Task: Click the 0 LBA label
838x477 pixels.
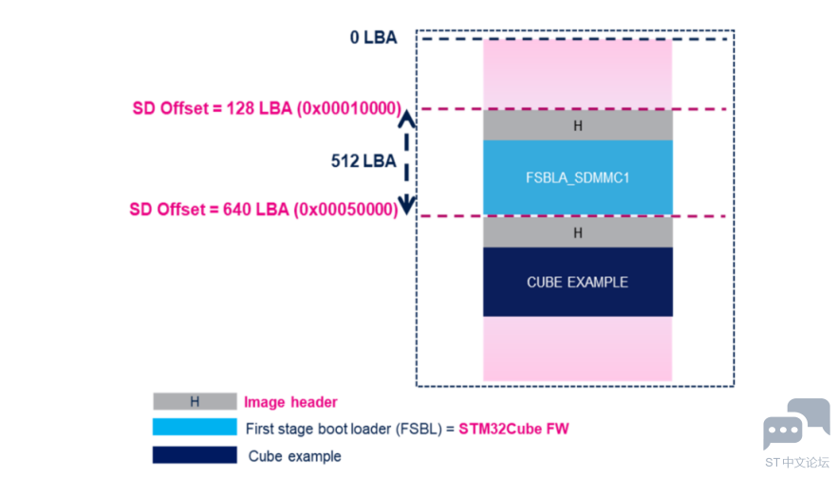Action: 374,37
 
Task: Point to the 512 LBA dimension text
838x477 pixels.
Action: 363,161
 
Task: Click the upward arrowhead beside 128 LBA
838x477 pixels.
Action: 407,118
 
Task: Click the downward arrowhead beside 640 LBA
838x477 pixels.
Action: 407,205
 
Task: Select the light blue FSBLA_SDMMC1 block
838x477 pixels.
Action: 578,177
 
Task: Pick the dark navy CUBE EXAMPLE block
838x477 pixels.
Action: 578,282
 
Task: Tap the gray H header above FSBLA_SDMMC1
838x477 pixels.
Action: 578,125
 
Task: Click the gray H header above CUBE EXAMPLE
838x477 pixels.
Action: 578,232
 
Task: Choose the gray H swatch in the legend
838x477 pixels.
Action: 195,401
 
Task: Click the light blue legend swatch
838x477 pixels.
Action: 195,427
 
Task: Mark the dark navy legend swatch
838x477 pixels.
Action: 195,454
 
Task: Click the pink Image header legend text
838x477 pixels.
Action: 290,402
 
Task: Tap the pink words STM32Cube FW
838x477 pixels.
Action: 513,429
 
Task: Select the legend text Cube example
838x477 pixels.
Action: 294,456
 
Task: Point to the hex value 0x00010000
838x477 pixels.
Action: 349,108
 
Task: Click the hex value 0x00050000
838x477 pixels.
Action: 346,210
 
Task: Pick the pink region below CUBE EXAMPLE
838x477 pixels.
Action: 578,348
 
